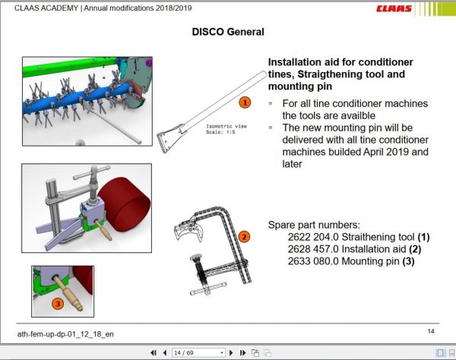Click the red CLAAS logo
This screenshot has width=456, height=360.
[x=420, y=9]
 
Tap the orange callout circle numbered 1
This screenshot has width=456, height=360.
[x=245, y=101]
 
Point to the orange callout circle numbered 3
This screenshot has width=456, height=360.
[x=57, y=304]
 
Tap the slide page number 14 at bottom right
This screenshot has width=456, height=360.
[x=431, y=331]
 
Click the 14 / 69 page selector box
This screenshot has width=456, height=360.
[x=198, y=353]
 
